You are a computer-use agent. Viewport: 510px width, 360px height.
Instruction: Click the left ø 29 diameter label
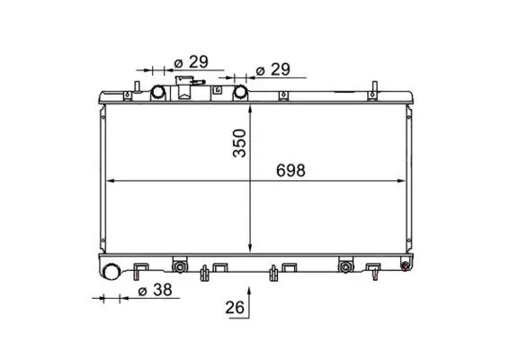[x=190, y=61]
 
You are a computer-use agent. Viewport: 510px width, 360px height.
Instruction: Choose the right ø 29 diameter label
[x=273, y=69]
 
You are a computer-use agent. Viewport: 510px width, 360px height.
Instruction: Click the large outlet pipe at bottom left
[x=112, y=273]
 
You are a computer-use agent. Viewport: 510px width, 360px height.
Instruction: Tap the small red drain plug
[x=404, y=265]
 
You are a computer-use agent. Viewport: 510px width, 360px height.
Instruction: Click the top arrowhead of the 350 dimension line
[x=249, y=106]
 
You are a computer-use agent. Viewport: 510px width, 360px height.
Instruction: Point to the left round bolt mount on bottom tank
[x=180, y=265]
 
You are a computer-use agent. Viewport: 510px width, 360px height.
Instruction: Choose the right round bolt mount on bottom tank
[x=344, y=265]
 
